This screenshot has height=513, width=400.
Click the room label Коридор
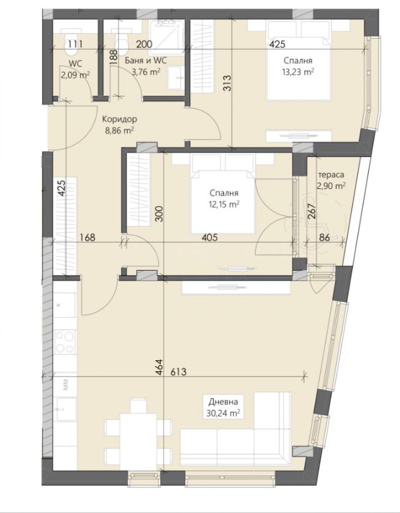119,120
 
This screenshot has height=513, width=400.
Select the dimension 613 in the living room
178,372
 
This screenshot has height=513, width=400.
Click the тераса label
331,175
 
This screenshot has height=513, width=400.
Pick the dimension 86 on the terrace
324,237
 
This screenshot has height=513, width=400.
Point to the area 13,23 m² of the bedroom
298,72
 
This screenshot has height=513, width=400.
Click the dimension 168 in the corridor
88,237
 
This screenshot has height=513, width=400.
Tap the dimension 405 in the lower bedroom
209,237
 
